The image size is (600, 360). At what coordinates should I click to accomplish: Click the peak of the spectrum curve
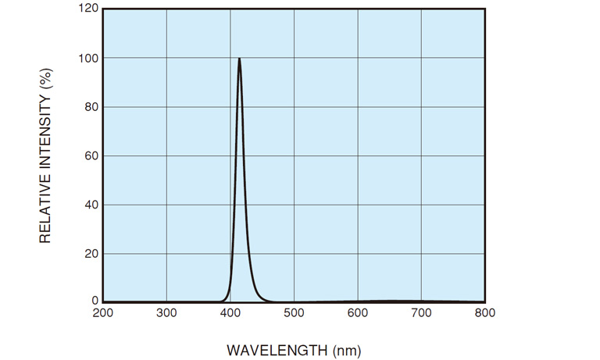pyautogui.click(x=239, y=59)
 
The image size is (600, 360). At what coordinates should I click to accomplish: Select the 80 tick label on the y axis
pyautogui.click(x=90, y=107)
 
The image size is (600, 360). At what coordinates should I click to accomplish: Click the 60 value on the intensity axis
pyautogui.click(x=90, y=155)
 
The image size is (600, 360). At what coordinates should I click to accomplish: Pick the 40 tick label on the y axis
pyautogui.click(x=90, y=205)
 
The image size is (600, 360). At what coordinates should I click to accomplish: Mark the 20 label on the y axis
pyautogui.click(x=90, y=253)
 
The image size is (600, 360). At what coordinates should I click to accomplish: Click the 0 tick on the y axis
pyautogui.click(x=93, y=301)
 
